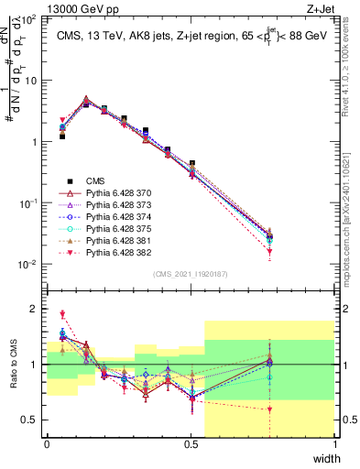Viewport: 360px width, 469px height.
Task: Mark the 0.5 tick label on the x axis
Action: pos(191,444)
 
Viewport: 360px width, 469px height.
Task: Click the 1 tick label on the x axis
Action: pos(334,444)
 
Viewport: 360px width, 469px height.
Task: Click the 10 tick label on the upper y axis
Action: pos(32,80)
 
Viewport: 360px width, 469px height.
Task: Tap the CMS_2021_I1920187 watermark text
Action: pos(191,273)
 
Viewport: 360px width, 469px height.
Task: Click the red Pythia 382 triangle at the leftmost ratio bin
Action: pos(62,314)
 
